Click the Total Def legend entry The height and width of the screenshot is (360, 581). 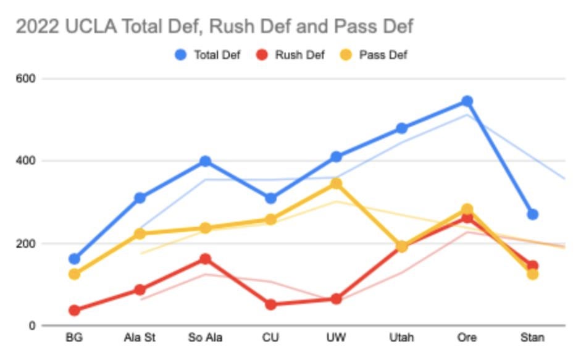pyautogui.click(x=207, y=55)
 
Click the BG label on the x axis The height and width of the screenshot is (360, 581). pyautogui.click(x=74, y=338)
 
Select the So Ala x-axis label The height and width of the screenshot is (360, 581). pyautogui.click(x=205, y=338)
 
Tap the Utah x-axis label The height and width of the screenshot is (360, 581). pyautogui.click(x=401, y=338)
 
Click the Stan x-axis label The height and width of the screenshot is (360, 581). pyautogui.click(x=532, y=338)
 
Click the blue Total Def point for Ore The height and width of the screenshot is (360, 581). pyautogui.click(x=467, y=101)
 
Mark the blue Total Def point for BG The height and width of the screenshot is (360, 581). pyautogui.click(x=74, y=259)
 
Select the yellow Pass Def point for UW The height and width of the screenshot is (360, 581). pyautogui.click(x=336, y=183)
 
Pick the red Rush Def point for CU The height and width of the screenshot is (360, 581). pyautogui.click(x=270, y=304)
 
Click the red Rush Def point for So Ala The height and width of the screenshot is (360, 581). pyautogui.click(x=205, y=259)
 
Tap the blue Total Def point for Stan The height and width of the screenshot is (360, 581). pyautogui.click(x=532, y=214)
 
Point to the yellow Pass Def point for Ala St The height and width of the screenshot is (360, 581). pyautogui.click(x=140, y=233)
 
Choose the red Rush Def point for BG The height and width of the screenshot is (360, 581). pyautogui.click(x=74, y=310)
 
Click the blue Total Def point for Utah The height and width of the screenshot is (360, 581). pyautogui.click(x=401, y=128)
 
